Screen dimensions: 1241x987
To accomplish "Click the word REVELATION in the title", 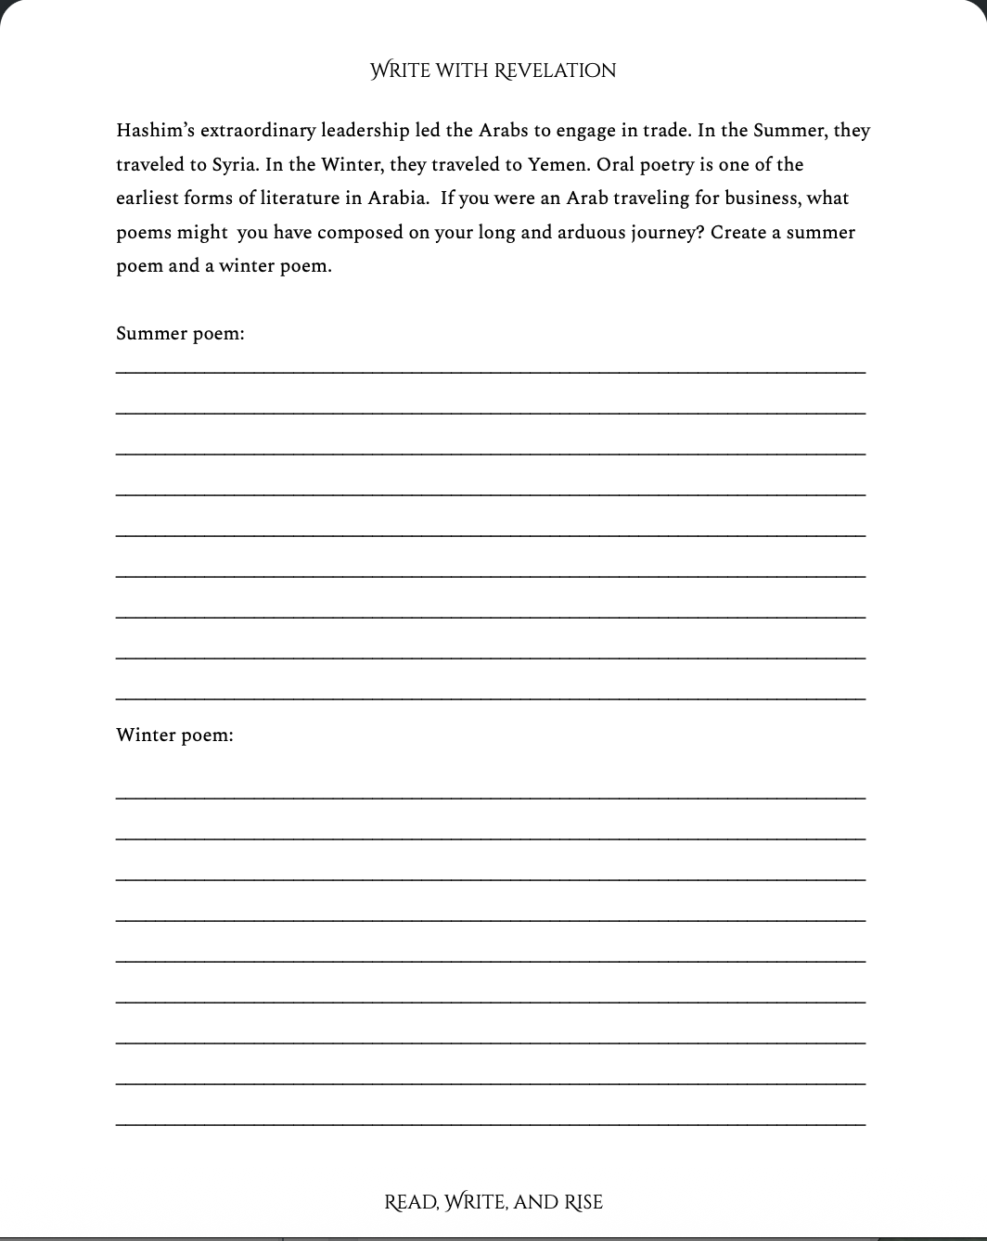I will tap(555, 70).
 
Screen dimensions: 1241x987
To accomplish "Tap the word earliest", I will tap(147, 198).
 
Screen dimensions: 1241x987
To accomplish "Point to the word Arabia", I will tap(398, 198).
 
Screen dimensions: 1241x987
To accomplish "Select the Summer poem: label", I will tap(180, 333).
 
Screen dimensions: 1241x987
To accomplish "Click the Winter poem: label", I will tap(174, 735).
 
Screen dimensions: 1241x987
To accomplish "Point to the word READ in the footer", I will tap(410, 1202).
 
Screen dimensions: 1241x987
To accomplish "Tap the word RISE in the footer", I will tap(584, 1202).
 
